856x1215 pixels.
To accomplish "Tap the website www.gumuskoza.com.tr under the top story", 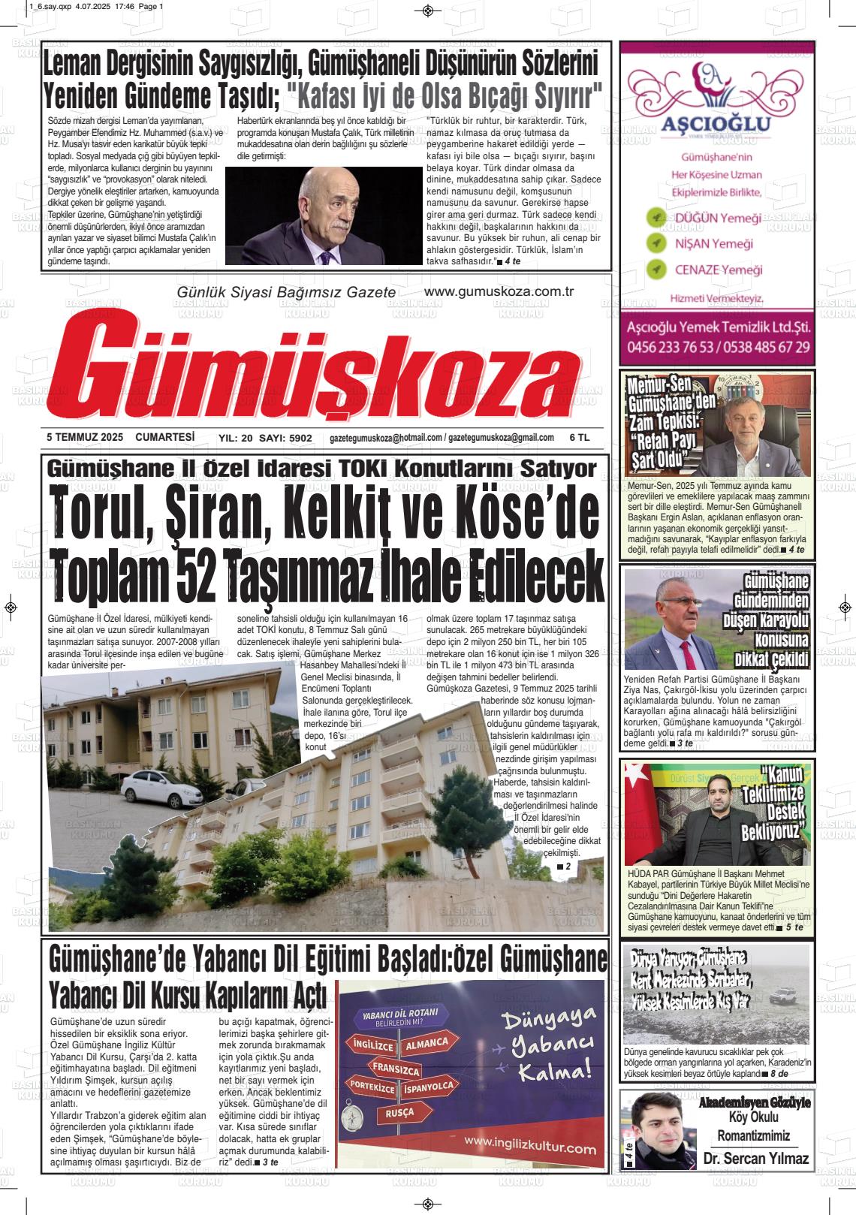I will (x=499, y=291).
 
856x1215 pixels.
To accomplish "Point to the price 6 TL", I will (x=579, y=437).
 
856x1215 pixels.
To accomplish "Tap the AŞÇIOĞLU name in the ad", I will (x=700, y=123).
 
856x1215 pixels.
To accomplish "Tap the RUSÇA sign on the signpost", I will (x=399, y=1113).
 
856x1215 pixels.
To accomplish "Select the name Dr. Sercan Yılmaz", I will (x=756, y=1159).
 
